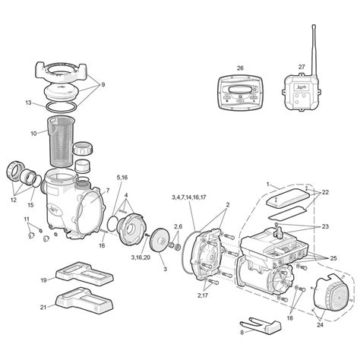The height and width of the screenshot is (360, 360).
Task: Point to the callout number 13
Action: pyautogui.click(x=27, y=102)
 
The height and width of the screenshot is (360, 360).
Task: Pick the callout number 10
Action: pyautogui.click(x=33, y=134)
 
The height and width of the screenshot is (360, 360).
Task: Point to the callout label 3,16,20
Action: pyautogui.click(x=141, y=257)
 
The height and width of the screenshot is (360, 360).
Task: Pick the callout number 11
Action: pyautogui.click(x=27, y=219)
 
